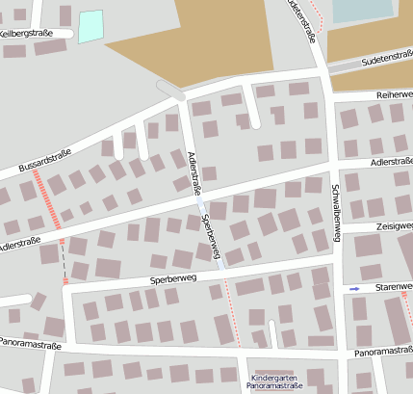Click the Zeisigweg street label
click(395, 226)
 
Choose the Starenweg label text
click(393, 287)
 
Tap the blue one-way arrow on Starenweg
click(355, 288)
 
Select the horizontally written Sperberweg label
click(173, 278)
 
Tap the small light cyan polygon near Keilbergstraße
click(90, 26)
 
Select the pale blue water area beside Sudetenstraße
click(363, 11)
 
